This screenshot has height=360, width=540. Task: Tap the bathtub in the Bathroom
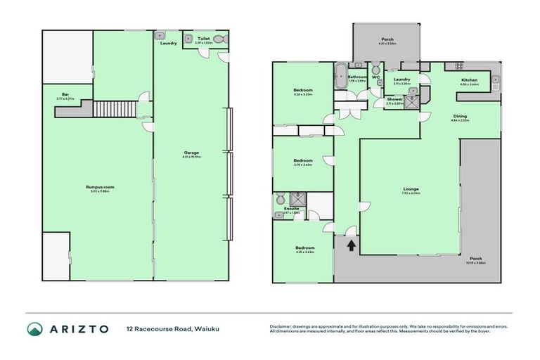pos(341,74)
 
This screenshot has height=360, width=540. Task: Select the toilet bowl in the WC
pos(375,69)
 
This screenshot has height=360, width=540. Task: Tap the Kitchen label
pos(469,81)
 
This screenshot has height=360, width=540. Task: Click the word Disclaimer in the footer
pos(281,326)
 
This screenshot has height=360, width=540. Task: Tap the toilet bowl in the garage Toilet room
pos(219,39)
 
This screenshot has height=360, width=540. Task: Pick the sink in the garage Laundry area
pos(161,34)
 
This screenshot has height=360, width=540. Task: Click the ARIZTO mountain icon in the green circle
pos(34,329)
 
